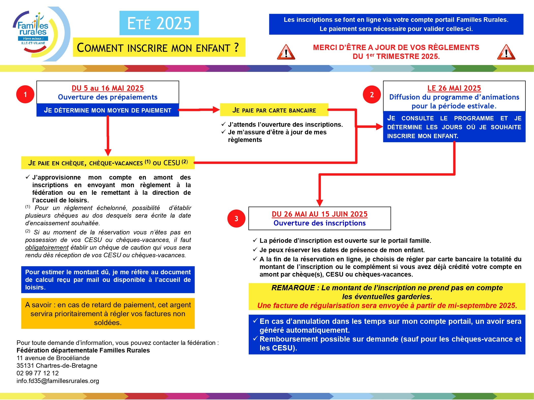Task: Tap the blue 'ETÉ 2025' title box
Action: (159, 23)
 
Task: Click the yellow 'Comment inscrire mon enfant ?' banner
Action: (159, 47)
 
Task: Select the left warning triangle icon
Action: (286, 52)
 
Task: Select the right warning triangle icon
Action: (506, 52)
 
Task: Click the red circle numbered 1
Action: (25, 94)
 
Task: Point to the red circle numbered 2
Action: (372, 94)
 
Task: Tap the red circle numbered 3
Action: (236, 218)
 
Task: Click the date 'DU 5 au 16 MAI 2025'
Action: (108, 88)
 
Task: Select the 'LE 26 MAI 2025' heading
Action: (454, 88)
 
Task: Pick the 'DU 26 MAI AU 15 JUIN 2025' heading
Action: (319, 214)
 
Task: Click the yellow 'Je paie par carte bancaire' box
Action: (274, 110)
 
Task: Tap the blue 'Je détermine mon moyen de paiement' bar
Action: (108, 110)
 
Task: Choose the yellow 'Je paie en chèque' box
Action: (108, 163)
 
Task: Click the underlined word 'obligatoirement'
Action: (47, 248)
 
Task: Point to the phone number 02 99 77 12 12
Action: (38, 373)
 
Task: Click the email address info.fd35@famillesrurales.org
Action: (58, 381)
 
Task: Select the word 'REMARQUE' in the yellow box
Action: (293, 288)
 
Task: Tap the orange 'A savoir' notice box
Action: (108, 314)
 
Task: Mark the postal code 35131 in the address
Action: (25, 365)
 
